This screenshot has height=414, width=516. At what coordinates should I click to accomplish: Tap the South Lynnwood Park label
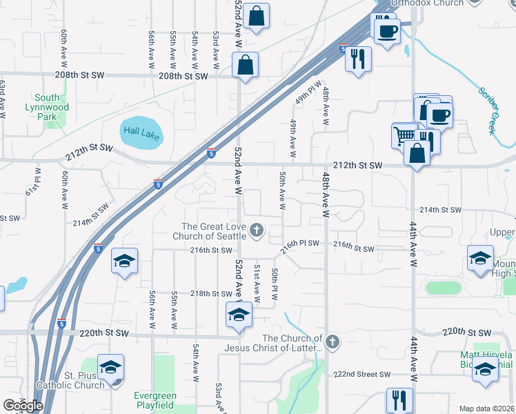click(47, 108)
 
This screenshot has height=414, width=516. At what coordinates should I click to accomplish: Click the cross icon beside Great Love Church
click(257, 230)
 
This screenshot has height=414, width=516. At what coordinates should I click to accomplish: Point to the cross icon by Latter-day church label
click(333, 342)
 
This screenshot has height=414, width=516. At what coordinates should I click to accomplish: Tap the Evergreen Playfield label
click(155, 401)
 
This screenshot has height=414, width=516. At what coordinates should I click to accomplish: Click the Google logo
click(23, 405)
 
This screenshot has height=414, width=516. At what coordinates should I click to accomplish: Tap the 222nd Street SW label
click(362, 374)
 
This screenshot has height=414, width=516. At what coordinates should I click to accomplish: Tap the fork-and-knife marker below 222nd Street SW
click(399, 400)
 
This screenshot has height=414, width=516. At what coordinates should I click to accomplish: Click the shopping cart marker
click(404, 135)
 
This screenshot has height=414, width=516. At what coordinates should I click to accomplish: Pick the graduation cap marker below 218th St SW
click(239, 315)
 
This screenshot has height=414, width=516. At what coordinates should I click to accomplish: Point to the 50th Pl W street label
click(275, 284)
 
